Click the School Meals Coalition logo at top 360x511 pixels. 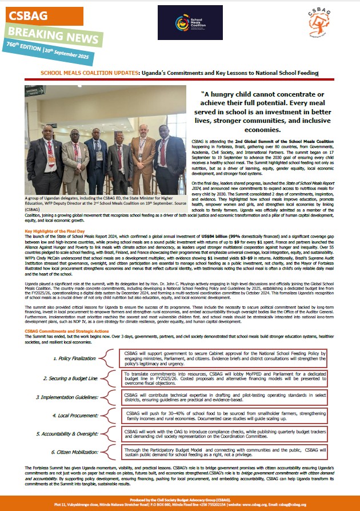(199, 23)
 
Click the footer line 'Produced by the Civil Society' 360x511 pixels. (179, 499)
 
